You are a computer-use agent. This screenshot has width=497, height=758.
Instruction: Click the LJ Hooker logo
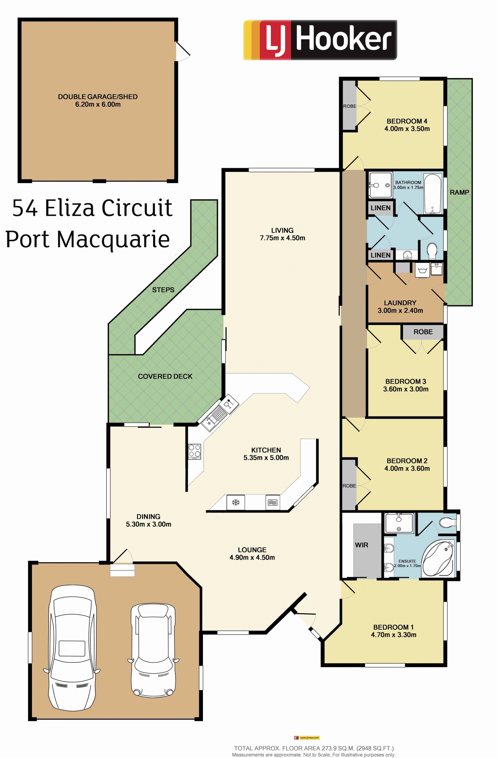coord(320,40)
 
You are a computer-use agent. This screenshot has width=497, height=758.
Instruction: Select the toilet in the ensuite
coord(448,522)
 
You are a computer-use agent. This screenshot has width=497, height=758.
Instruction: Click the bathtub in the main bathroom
coord(433,194)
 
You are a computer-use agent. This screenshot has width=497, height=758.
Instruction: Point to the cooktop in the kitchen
coord(194,451)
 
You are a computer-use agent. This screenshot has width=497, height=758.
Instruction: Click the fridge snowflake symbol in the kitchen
coord(236,503)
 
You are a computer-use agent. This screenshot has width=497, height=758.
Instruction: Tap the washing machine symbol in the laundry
coord(423,271)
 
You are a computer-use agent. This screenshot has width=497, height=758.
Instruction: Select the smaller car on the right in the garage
coord(153,650)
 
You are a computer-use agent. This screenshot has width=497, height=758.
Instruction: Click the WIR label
coord(362,545)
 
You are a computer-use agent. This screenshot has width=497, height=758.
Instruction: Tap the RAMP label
coord(459,192)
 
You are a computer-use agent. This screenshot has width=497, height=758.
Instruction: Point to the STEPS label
coord(163,290)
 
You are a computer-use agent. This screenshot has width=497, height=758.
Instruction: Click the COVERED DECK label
coord(165,376)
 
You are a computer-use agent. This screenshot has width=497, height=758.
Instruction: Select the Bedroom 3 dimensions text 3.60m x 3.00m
coord(406,389)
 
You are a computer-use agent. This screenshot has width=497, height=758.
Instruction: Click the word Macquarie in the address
coord(113,239)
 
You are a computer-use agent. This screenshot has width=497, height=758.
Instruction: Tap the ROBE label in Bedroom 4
coord(350,106)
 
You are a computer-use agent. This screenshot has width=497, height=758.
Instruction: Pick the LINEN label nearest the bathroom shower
coord(381,208)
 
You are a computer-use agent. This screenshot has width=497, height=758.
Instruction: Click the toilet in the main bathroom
coord(432,252)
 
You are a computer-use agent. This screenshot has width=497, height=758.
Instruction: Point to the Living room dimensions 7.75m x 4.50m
coord(282,238)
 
